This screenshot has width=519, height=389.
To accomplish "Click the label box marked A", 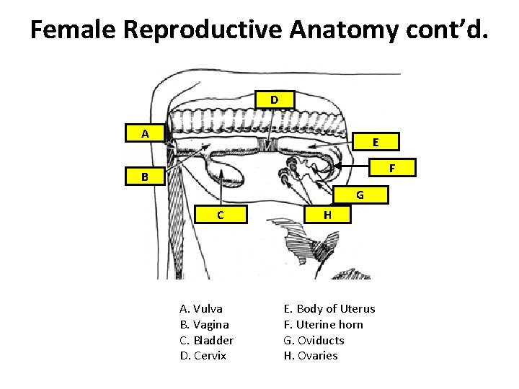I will click(x=145, y=133).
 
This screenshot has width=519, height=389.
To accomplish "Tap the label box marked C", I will click(x=221, y=214).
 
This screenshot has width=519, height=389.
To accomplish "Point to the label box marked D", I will click(x=275, y=99).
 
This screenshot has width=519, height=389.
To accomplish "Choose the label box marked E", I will click(x=376, y=141).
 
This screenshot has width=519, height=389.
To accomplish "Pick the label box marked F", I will click(x=392, y=168).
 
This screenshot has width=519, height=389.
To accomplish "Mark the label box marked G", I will click(x=360, y=194).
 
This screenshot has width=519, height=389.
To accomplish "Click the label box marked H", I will click(x=327, y=214).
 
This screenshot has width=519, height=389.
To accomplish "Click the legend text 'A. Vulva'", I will click(x=201, y=309).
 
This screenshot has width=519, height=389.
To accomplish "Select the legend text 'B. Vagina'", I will click(x=204, y=325).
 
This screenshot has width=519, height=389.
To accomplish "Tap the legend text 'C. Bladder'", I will click(x=206, y=340).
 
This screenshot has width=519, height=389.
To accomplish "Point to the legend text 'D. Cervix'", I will click(x=203, y=356).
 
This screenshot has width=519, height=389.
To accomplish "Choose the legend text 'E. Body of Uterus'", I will click(x=330, y=309).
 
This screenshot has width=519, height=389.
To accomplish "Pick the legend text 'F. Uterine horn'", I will click(x=324, y=325).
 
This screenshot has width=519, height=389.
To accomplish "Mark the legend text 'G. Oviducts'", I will click(x=314, y=340).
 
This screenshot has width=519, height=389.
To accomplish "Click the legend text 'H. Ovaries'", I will click(x=311, y=356).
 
